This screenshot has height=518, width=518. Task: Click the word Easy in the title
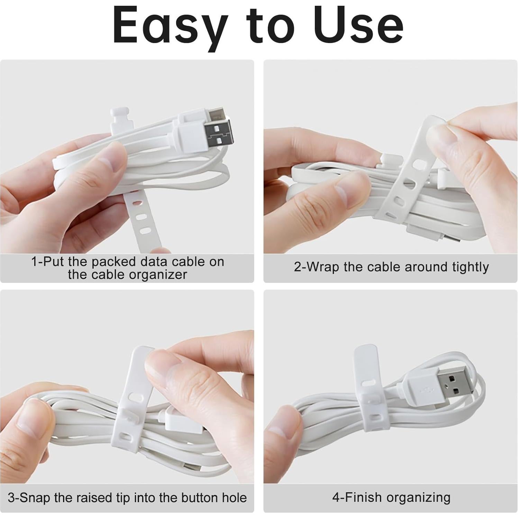click(170, 26)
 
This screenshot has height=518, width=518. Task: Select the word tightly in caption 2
click(470, 267)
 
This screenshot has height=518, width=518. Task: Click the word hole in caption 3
click(235, 498)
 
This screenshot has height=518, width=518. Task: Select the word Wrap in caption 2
click(323, 267)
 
